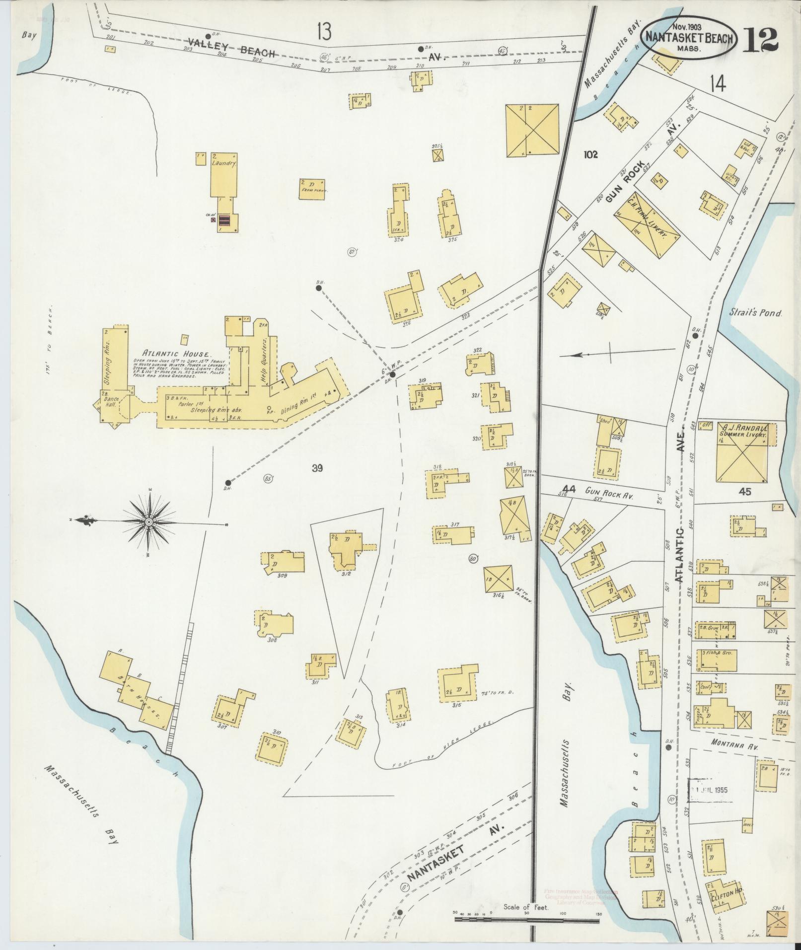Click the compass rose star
point(148,523)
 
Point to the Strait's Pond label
point(756,313)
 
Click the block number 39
point(318,468)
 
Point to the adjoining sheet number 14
point(718,85)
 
